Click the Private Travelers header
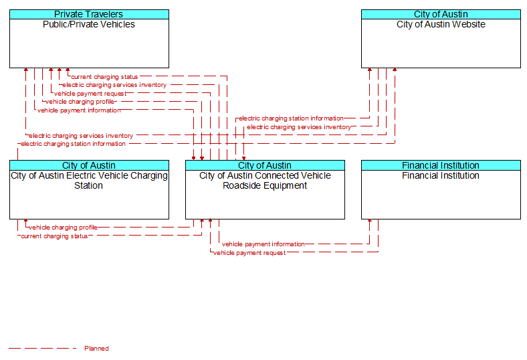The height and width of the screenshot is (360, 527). (x=89, y=14)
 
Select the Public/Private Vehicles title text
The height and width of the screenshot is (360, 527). (x=89, y=24)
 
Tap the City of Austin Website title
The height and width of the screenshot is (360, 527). (x=441, y=24)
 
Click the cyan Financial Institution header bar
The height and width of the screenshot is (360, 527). (x=441, y=165)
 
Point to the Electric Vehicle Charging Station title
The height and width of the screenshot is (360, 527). (x=89, y=181)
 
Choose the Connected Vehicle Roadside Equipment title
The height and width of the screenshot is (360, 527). (x=265, y=181)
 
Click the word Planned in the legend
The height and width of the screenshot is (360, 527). (x=96, y=348)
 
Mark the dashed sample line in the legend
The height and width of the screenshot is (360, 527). (x=43, y=348)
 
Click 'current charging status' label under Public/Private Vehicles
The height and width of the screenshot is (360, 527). (x=104, y=77)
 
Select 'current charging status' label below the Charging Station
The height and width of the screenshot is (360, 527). (x=54, y=236)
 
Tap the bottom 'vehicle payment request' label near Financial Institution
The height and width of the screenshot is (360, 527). (x=249, y=253)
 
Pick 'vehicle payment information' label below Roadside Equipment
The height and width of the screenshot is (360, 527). (x=263, y=244)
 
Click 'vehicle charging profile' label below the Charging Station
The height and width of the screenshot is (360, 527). (x=63, y=228)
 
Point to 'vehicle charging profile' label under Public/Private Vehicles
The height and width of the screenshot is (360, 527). (x=80, y=102)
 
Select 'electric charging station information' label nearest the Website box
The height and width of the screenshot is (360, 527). (x=291, y=118)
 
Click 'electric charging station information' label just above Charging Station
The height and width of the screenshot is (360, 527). (x=73, y=144)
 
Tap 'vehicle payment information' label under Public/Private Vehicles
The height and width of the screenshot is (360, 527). (x=79, y=110)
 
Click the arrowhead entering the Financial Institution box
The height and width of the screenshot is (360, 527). (x=370, y=221)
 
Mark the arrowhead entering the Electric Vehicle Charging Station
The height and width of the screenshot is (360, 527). (x=26, y=221)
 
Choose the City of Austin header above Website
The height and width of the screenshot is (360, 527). (x=441, y=14)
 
